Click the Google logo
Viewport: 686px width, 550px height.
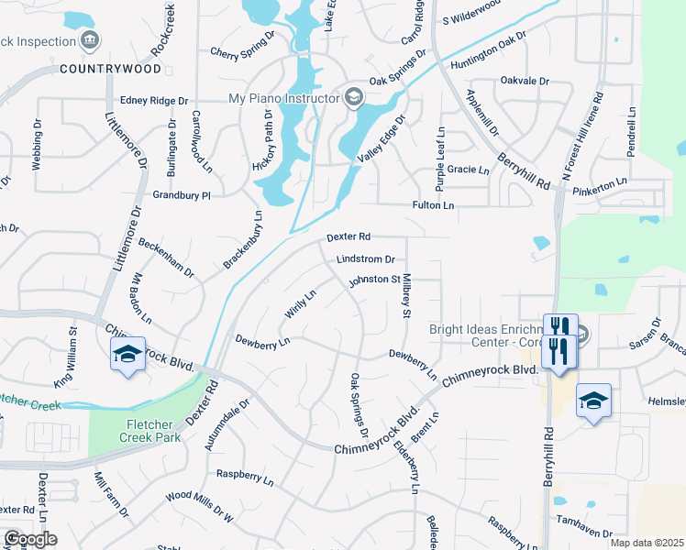[30, 539]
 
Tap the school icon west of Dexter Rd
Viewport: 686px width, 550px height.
[127, 355]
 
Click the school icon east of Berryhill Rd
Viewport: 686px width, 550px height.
[594, 401]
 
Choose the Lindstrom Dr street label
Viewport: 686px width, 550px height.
[366, 259]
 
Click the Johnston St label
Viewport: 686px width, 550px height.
[373, 280]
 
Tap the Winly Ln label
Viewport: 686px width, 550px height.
[300, 303]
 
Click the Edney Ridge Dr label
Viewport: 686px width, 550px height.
[154, 101]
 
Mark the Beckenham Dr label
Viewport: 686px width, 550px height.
[166, 258]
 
